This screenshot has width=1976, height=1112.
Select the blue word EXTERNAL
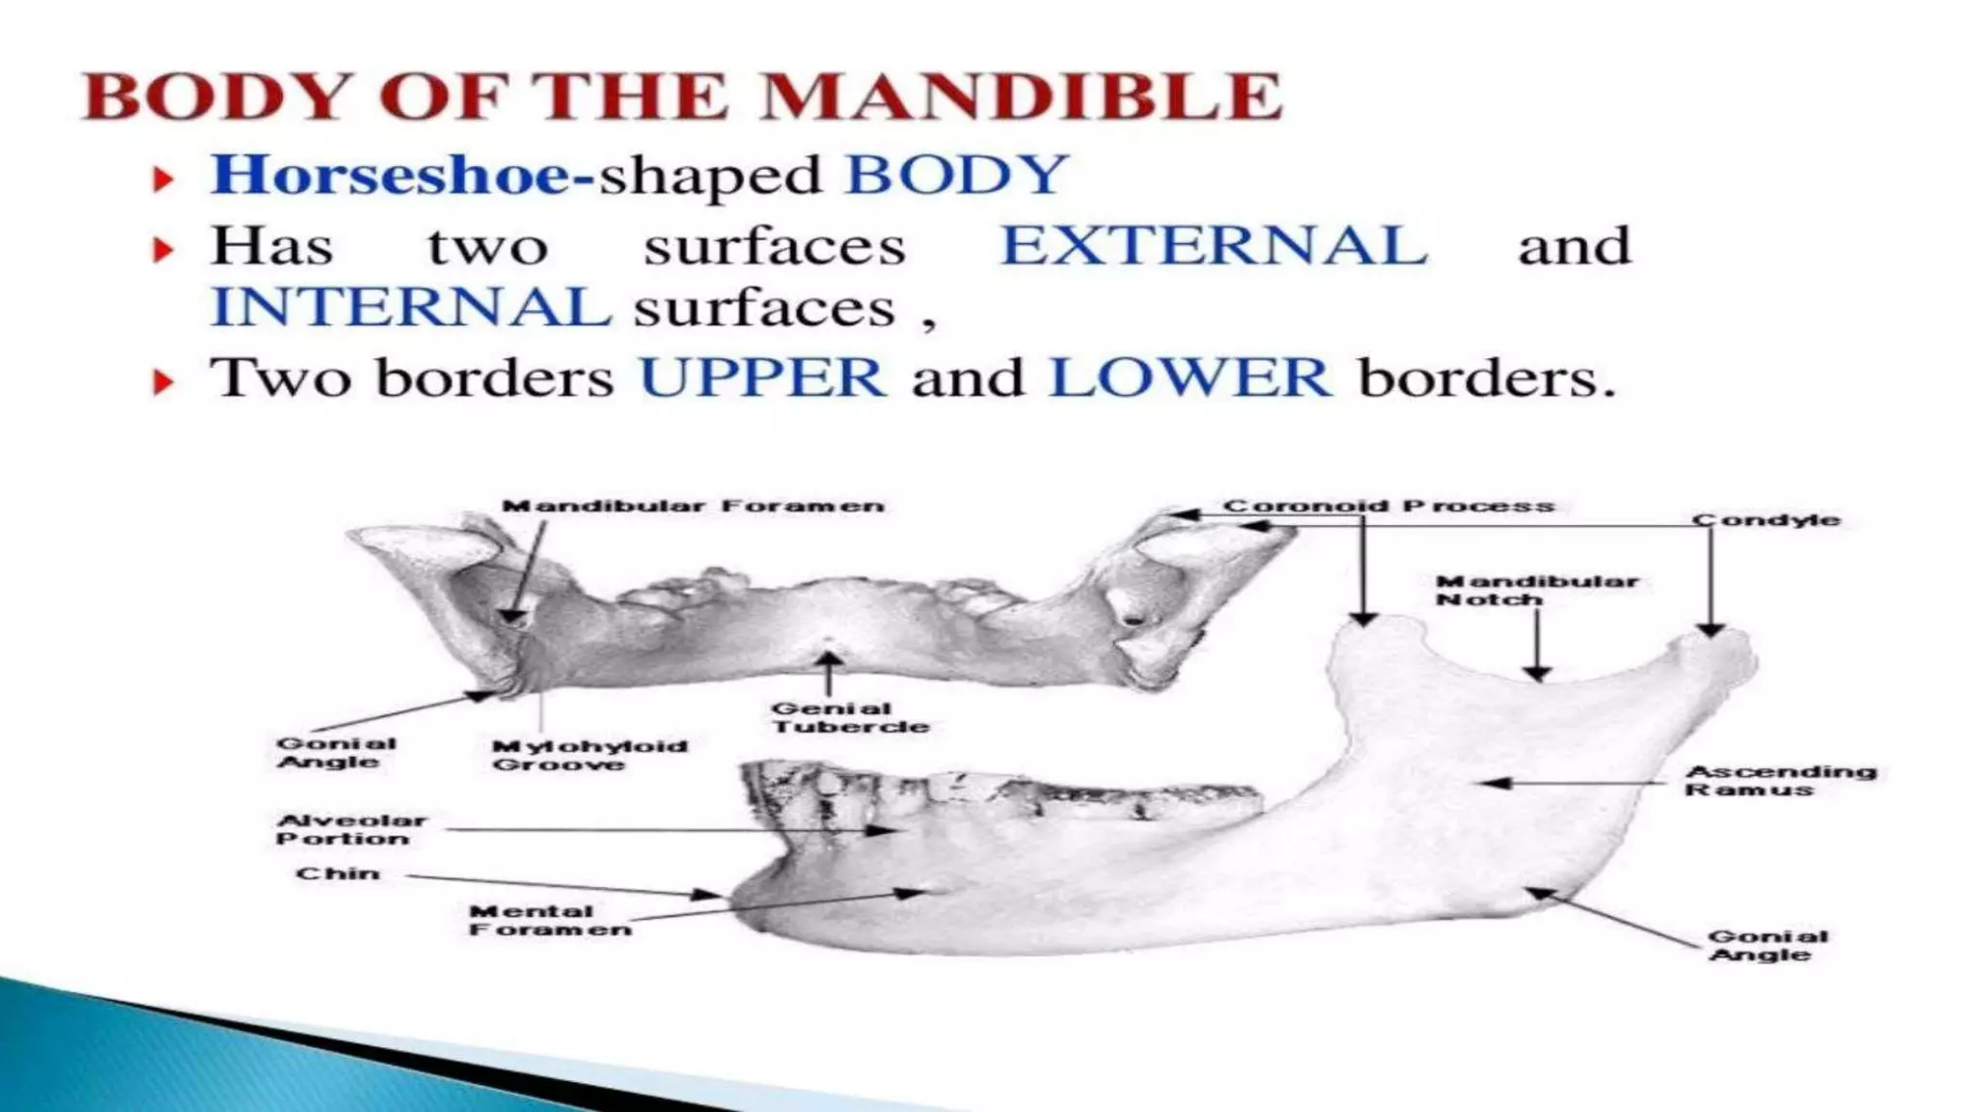(x=1214, y=245)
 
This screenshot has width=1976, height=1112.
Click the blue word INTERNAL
(x=411, y=308)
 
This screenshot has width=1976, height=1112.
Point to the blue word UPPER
(x=762, y=377)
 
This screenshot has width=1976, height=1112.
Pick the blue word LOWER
(x=1190, y=377)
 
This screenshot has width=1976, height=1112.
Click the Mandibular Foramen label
(x=693, y=506)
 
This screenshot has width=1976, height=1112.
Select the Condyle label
(x=1766, y=520)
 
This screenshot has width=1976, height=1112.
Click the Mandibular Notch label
(x=1536, y=590)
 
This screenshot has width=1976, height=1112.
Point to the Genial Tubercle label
(x=849, y=717)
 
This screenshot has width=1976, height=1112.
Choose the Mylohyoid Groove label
(x=589, y=755)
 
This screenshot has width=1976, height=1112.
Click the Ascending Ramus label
(x=1780, y=780)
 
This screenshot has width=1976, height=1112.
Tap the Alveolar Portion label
(x=350, y=829)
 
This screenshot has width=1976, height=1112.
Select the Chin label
(x=338, y=874)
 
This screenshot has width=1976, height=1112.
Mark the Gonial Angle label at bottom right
(x=1767, y=945)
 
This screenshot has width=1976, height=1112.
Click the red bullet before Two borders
(x=164, y=383)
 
